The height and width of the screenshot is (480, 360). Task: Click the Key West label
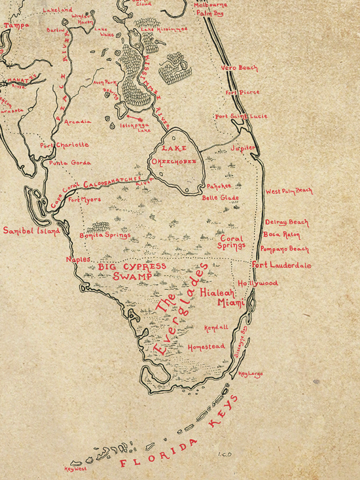pos(76,469)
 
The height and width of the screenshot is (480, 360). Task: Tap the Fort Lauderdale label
pos(281,266)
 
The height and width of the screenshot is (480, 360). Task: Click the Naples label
pos(78,260)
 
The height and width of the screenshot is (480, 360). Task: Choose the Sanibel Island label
pos(30,231)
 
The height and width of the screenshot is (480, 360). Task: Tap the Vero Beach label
pos(239,68)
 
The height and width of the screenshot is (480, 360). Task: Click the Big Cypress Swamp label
pos(132,272)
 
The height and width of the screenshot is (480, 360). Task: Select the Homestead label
pos(206,347)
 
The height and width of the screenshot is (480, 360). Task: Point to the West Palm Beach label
pos(289,192)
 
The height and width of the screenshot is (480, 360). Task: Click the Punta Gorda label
pos(70,162)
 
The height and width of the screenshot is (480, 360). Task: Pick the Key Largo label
pos(250,374)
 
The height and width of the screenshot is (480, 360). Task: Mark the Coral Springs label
pos(232,243)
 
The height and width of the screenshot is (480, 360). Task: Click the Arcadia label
pos(77,122)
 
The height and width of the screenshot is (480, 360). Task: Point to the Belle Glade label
pos(220,197)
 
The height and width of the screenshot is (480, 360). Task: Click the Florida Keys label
pos(177,435)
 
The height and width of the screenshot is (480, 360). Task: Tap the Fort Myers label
pos(84,199)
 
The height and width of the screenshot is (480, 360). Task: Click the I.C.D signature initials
pos(225,453)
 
